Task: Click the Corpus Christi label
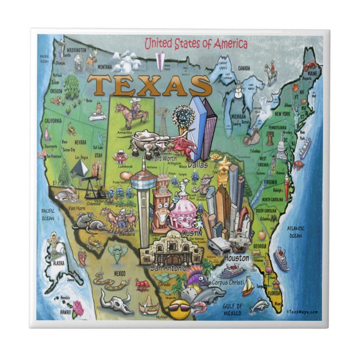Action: [x=228, y=283]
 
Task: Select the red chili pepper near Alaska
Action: [x=82, y=257]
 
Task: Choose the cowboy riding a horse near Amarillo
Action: [x=132, y=112]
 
